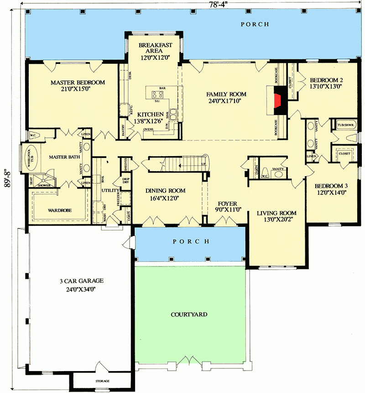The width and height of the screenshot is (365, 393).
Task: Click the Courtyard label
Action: [189, 314]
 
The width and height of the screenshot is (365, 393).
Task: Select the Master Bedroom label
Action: [78, 83]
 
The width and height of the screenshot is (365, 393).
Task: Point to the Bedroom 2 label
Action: [326, 80]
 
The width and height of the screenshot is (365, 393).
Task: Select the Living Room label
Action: [276, 213]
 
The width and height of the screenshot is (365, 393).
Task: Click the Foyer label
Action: [226, 203]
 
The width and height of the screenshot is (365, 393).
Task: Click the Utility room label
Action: [110, 190]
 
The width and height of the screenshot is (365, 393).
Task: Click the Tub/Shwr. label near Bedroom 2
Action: [345, 124]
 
